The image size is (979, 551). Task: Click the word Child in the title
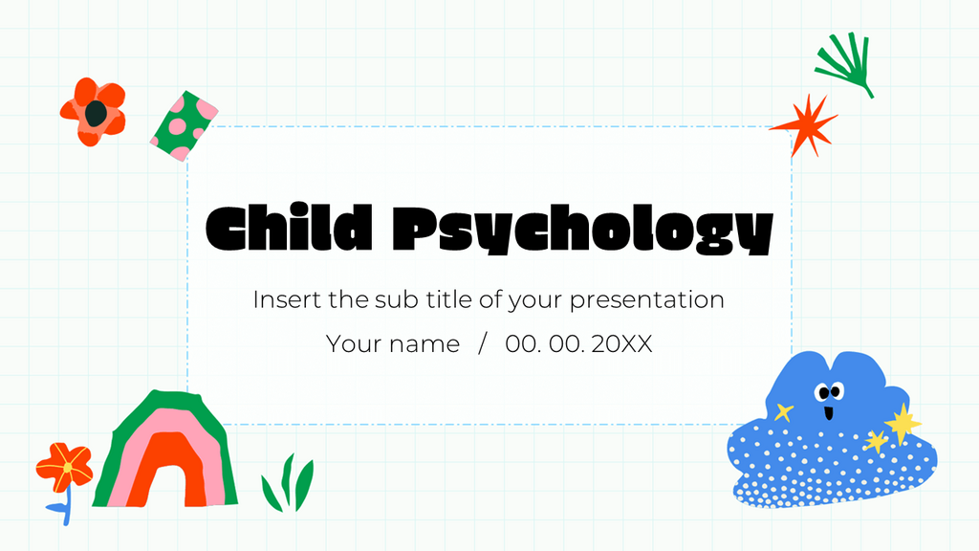coord(288,228)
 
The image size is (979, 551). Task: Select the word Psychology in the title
coord(582,230)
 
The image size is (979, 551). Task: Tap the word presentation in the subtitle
coord(646,299)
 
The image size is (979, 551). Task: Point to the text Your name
coord(393,344)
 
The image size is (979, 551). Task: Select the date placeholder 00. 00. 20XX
coord(579,344)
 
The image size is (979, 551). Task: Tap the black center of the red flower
coord(95,114)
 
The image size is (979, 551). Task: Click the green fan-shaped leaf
coord(845,64)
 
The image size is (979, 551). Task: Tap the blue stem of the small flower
coord(66,506)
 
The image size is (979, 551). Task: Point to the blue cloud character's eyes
coord(828,390)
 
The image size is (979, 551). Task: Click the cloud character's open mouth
coord(828,413)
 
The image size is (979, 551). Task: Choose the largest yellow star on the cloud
coord(902,422)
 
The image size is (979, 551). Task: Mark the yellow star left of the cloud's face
coord(784,412)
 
